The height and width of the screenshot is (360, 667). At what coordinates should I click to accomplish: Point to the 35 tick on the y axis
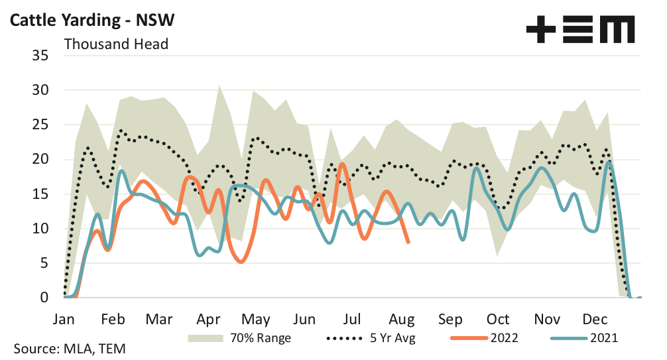(40, 56)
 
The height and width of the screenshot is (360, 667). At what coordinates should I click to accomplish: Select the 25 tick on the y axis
(40, 125)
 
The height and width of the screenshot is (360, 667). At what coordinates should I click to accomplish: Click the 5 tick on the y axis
(44, 263)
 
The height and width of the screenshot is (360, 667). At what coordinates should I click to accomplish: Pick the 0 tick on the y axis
(44, 298)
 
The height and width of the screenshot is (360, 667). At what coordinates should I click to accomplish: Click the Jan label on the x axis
(65, 319)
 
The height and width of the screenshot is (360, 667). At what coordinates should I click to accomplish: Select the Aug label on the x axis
(402, 319)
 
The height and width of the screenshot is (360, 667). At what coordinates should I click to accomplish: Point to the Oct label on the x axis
(498, 319)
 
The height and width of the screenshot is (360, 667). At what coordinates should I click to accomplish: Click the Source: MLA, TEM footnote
(69, 349)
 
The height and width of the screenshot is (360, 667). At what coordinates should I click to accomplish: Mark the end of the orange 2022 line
(408, 242)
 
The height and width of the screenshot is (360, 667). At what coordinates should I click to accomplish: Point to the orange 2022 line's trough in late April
(240, 262)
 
